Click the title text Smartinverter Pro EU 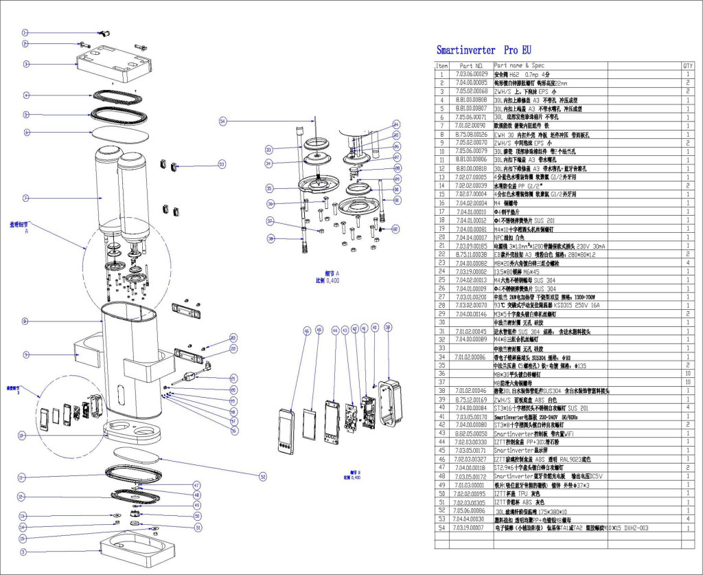click(483, 50)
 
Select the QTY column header click(687, 66)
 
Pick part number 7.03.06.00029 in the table click(471, 74)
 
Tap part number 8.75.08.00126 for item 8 click(471, 135)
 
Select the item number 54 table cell click(442, 528)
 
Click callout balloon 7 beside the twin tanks click(25, 199)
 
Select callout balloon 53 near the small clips click(222, 164)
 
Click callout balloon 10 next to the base click(22, 436)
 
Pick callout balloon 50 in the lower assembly click(197, 515)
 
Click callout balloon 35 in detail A click(269, 188)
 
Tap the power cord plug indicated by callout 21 click(187, 377)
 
